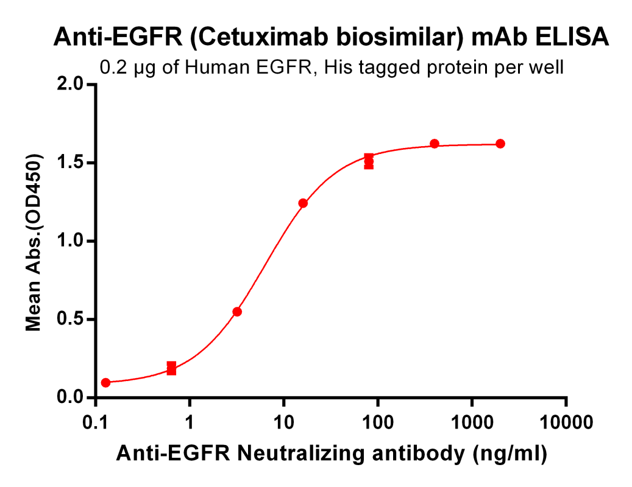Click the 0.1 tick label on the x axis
coord(95,421)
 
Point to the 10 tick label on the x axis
coord(283,421)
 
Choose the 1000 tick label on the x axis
coord(472,421)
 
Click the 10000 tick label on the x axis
coord(566,421)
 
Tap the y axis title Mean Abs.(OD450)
coord(34,242)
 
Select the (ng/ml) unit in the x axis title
coord(507,454)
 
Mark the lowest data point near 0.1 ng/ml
coord(105,383)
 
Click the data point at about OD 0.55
coord(237,312)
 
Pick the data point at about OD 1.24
coord(303,203)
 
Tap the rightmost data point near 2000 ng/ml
coord(500,144)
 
